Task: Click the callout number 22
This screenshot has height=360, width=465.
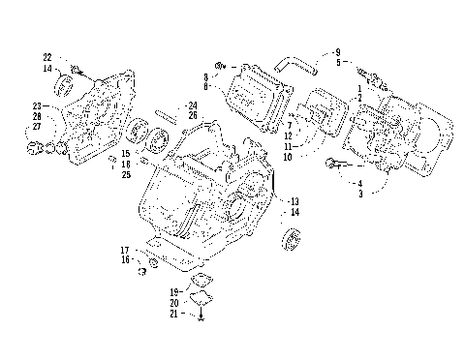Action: coord(46,57)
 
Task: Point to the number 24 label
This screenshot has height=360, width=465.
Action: coord(193,105)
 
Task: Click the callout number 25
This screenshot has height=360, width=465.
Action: coord(126,174)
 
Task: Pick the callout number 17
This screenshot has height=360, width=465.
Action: coord(124,251)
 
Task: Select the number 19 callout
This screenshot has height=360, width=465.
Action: coord(174,291)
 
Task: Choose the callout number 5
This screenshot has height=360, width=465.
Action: coord(337,62)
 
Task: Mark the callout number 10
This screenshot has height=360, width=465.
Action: coord(288,157)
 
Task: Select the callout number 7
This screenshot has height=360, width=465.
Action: coord(289,126)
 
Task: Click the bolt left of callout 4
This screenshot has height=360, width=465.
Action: coord(333,163)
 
